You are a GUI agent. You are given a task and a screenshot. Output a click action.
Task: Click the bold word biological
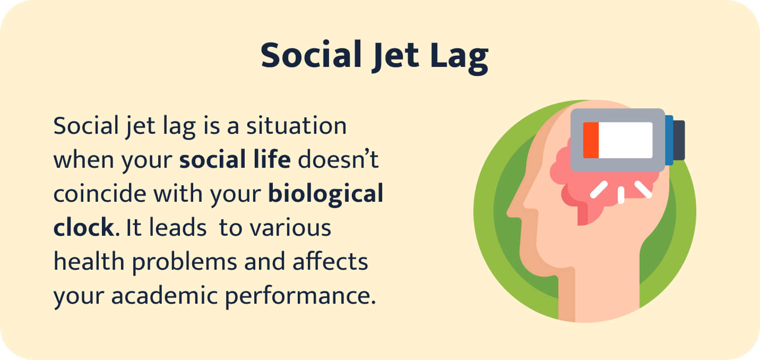325,195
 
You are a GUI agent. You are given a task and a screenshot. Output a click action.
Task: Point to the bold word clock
83,228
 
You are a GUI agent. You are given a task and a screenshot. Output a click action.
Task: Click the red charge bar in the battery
591,140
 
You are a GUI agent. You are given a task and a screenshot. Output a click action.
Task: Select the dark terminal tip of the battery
679,140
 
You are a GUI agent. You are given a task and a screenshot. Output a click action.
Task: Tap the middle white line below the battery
621,194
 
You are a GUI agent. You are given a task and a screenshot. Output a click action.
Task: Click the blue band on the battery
669,139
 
